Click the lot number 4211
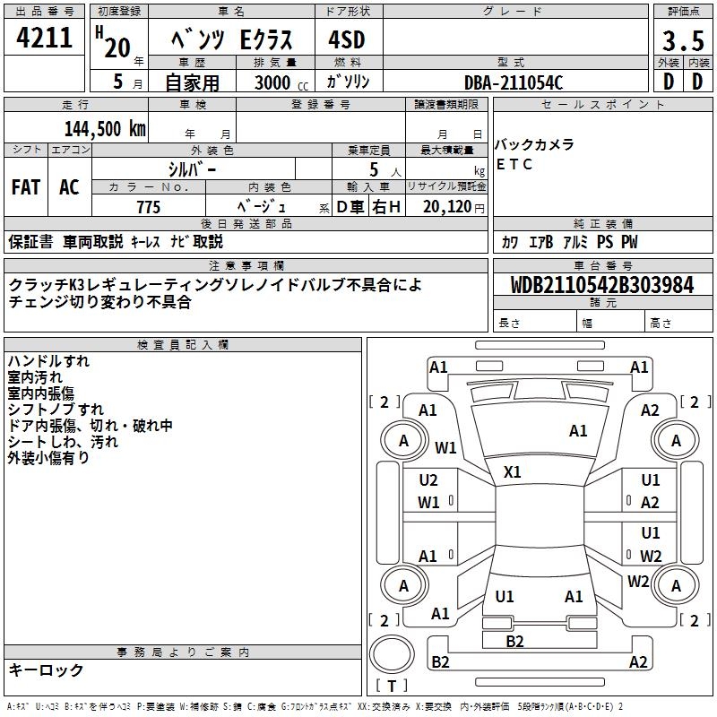click(45, 39)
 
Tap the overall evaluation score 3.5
click(682, 42)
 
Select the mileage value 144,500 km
click(105, 129)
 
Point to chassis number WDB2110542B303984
click(601, 285)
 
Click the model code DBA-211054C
click(514, 82)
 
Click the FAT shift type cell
click(26, 187)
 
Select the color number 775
click(148, 207)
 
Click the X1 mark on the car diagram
click(513, 471)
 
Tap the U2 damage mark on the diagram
click(428, 480)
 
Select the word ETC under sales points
click(514, 164)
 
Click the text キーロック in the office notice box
click(47, 669)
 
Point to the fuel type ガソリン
click(349, 82)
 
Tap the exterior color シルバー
click(192, 168)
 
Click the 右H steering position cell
click(386, 207)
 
